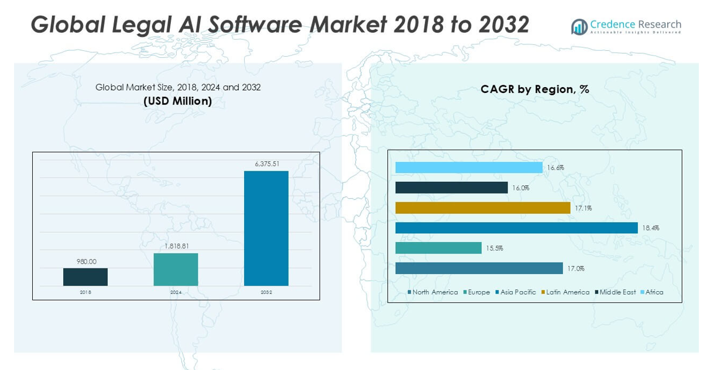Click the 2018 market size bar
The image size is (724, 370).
pos(85,277)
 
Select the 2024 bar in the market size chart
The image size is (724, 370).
pos(176,269)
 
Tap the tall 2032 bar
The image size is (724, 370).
pos(266,228)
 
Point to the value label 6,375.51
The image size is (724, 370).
pos(267,164)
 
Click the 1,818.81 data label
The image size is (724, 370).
pos(176,246)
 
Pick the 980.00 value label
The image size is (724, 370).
pos(86,262)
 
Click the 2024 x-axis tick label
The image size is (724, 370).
pos(176,292)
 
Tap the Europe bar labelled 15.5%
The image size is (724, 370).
pos(438,248)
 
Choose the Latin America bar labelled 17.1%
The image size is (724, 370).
pos(482,208)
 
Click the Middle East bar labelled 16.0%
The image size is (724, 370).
pos(451,188)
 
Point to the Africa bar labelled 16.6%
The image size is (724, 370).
pos(469,168)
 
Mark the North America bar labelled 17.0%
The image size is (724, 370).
pos(479,268)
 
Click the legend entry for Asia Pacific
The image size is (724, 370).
pos(517,292)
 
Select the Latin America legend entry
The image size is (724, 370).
pos(567,292)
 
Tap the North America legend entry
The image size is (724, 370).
pos(434,292)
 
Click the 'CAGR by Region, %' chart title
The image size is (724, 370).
pos(534,89)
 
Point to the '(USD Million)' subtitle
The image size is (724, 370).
pos(178,101)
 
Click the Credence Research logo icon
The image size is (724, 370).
pos(579,27)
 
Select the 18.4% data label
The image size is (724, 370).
pos(650,228)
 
